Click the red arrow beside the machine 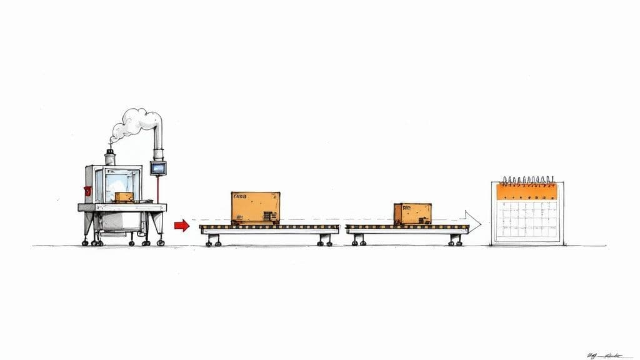point(181,226)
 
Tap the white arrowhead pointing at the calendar point(474,222)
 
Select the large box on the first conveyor point(255,207)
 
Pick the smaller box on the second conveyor point(412,214)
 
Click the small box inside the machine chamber point(124,197)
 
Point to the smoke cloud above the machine point(133,123)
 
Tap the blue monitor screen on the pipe point(158,168)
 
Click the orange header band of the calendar point(527,191)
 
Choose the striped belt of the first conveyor point(269,227)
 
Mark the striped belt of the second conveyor point(406,227)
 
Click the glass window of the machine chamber point(119,184)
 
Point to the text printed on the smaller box point(406,207)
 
